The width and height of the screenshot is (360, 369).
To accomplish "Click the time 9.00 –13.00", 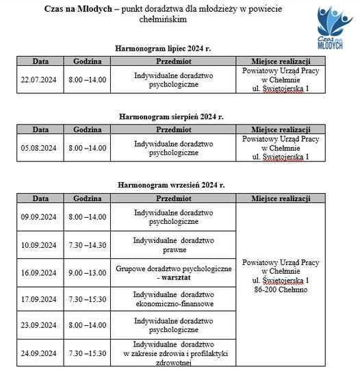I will [x=88, y=272].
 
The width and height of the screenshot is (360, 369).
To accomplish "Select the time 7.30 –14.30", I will [x=88, y=244].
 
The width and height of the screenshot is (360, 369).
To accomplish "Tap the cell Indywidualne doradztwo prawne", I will [x=173, y=244].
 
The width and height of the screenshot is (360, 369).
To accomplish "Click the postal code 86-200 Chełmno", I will [x=281, y=290].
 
